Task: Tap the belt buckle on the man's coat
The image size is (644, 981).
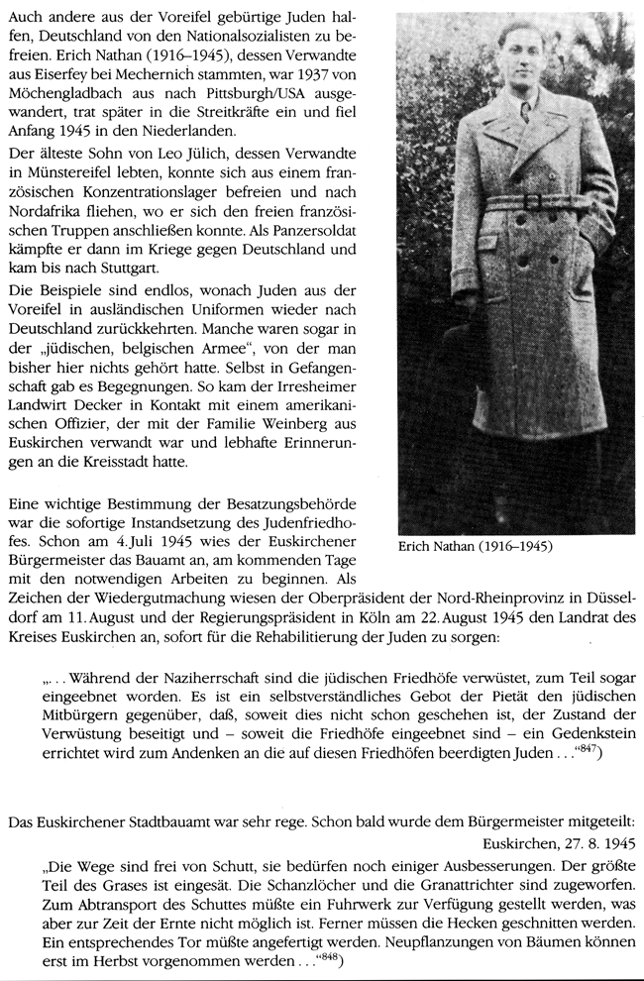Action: pos(533,201)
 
